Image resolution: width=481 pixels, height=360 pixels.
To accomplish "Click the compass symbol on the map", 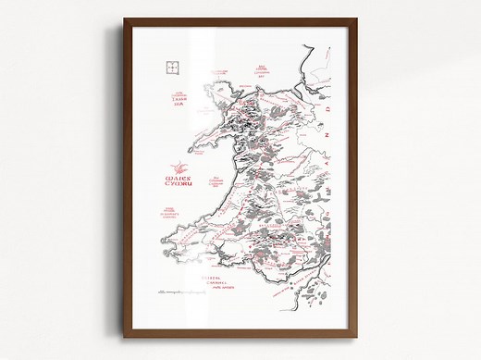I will coord(169,66).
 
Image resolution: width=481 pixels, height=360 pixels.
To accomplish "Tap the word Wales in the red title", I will coord(175,169).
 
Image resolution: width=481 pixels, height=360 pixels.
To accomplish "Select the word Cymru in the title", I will coord(176,180).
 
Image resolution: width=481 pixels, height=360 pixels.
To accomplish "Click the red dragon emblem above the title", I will coord(175,156).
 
